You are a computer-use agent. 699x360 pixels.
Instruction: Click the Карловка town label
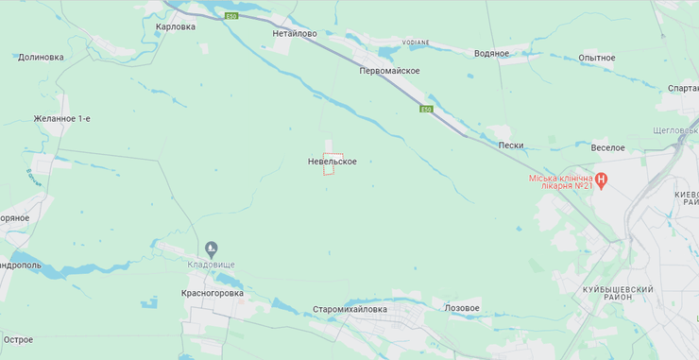point(176,26)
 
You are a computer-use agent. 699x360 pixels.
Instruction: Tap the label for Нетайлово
point(295,32)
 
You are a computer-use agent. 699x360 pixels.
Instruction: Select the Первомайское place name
point(389,71)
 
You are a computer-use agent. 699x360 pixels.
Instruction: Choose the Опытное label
point(597,58)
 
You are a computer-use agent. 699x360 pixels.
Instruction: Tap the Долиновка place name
point(41,57)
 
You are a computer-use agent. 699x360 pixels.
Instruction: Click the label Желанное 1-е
point(61,118)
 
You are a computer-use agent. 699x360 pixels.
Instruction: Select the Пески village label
point(510,145)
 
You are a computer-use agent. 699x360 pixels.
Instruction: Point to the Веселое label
point(608,147)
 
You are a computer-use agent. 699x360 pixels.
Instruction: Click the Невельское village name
point(332,162)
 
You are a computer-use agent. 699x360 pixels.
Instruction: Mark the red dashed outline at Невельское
point(332,164)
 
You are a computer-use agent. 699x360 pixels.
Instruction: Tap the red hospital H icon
point(600,179)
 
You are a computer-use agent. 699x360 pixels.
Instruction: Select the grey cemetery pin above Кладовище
point(210,250)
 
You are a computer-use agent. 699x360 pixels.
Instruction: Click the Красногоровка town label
point(213,293)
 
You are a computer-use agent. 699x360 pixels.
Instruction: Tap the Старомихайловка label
point(350,309)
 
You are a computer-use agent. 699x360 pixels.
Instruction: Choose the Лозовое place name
point(462,308)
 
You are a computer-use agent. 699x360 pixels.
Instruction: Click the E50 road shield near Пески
point(427,111)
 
